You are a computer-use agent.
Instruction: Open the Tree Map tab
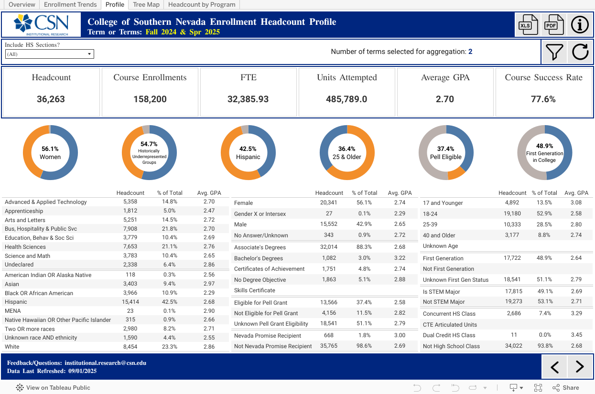[146, 5]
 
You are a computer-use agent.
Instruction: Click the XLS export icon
[526, 24]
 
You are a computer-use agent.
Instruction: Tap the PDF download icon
[552, 24]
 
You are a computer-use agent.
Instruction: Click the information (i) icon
[580, 24]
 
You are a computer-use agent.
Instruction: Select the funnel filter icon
[554, 52]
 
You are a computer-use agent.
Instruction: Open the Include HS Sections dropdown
[50, 54]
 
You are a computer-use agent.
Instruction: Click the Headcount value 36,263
[51, 99]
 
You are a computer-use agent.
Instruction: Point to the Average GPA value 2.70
[445, 99]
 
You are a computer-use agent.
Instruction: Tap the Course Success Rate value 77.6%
[543, 99]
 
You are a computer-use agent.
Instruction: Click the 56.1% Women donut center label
[50, 152]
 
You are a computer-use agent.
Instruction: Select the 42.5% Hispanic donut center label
[248, 152]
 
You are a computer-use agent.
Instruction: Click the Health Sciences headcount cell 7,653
[130, 247]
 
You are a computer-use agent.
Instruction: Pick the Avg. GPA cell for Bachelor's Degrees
[400, 258]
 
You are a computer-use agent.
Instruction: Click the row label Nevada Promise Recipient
[267, 336]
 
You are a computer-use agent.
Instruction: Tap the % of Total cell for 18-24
[544, 213]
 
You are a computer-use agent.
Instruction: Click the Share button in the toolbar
[566, 388]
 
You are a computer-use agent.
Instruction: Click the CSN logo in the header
[41, 24]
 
